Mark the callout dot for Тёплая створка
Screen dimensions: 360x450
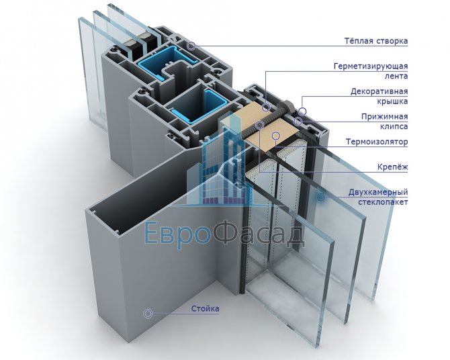[x=191, y=46]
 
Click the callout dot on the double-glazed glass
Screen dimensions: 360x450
[x=321, y=197]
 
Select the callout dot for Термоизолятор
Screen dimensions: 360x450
[x=275, y=136]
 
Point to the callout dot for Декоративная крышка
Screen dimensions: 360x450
[x=303, y=109]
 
